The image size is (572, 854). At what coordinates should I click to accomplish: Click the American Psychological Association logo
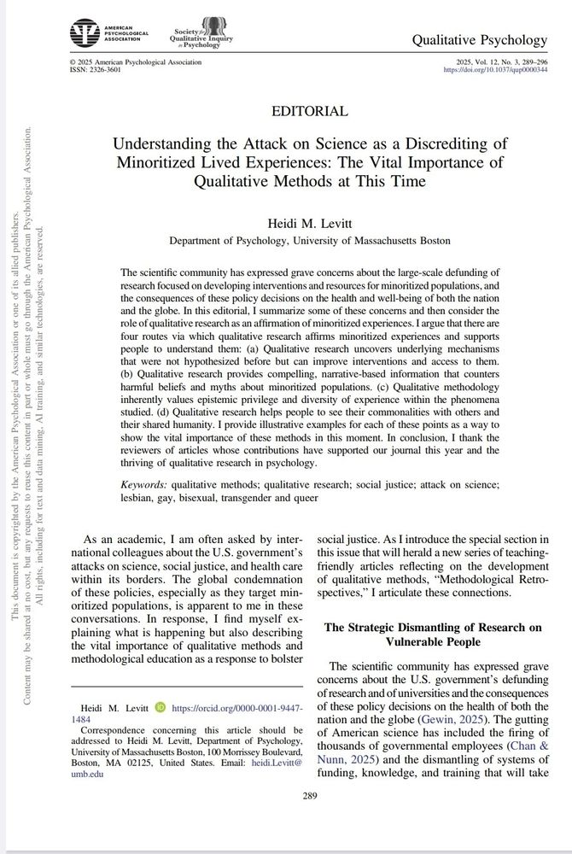pyautogui.click(x=108, y=33)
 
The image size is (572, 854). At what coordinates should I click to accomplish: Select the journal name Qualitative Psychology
pyautogui.click(x=479, y=39)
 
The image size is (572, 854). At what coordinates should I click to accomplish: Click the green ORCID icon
pyautogui.click(x=161, y=708)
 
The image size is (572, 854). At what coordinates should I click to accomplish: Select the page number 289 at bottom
pyautogui.click(x=310, y=798)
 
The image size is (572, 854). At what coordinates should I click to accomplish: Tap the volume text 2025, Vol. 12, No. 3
pyautogui.click(x=501, y=62)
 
